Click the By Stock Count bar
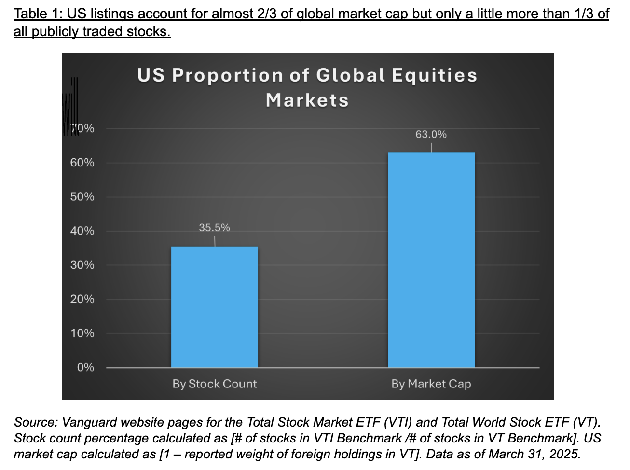click(215, 307)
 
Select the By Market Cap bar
click(431, 260)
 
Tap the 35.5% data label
click(215, 227)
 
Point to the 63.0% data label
click(431, 134)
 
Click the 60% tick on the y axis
click(82, 163)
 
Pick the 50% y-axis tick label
click(82, 197)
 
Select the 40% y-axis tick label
click(82, 231)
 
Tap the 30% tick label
click(82, 265)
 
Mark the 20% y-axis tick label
click(82, 299)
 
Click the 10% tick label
click(82, 333)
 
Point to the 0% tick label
click(85, 367)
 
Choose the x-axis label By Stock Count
click(215, 384)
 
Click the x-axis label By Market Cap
click(431, 384)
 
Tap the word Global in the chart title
click(350, 75)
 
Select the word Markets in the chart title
click(307, 100)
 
